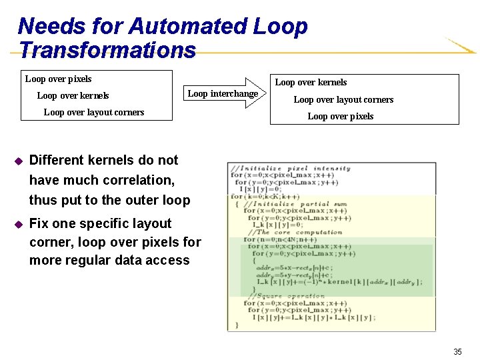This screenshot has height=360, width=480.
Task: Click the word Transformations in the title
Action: pos(107,50)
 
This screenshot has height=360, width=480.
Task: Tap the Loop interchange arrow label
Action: pos(223,93)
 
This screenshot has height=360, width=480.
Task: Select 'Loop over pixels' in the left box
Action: pos(58,79)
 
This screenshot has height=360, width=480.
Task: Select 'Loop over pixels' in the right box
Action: pos(340,116)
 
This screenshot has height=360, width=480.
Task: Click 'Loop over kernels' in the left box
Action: pos(73,96)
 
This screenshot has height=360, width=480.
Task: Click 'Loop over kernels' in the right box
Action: pos(311,83)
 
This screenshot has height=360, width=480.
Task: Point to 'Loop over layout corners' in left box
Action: pos(93,112)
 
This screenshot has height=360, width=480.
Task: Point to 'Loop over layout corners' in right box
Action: pos(343,99)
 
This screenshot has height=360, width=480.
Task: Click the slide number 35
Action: pos(457,351)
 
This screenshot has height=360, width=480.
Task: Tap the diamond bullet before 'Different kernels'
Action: pos(19,161)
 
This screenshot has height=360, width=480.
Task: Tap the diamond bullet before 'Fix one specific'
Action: pos(19,224)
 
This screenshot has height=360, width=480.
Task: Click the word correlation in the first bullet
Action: pos(137,180)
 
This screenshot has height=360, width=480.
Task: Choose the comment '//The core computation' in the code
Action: pos(294,232)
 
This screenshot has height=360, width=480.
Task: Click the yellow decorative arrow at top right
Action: pos(459,46)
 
